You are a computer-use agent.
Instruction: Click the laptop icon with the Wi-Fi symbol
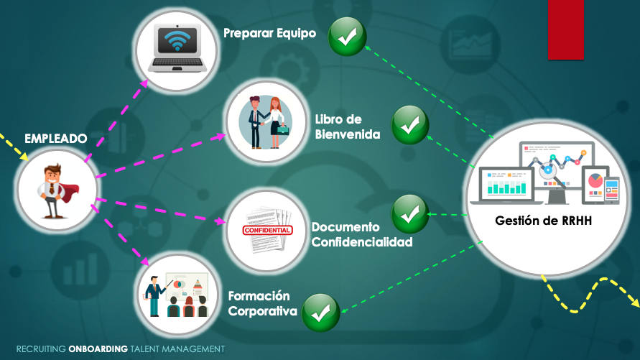[177, 48]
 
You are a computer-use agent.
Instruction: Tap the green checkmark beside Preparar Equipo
[348, 37]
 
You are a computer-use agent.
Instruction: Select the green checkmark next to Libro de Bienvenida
[410, 125]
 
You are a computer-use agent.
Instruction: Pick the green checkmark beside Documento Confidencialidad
[410, 214]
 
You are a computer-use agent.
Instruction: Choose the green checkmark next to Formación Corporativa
[321, 313]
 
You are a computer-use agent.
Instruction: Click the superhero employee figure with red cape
[56, 191]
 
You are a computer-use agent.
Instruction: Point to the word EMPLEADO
[56, 139]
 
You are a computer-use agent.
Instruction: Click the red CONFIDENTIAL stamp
[267, 230]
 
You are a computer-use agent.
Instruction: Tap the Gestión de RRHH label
[543, 221]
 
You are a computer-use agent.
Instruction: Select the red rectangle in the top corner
[566, 29]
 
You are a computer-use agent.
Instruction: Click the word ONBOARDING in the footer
[98, 349]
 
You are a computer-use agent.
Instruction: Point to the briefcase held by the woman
[283, 130]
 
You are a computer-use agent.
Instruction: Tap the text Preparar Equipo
[270, 34]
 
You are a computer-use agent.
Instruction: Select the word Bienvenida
[348, 134]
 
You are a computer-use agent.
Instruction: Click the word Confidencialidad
[362, 242]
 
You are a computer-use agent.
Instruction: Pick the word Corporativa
[262, 311]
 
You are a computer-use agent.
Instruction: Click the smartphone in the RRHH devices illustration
[612, 190]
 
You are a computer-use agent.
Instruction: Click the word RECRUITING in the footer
[41, 349]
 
